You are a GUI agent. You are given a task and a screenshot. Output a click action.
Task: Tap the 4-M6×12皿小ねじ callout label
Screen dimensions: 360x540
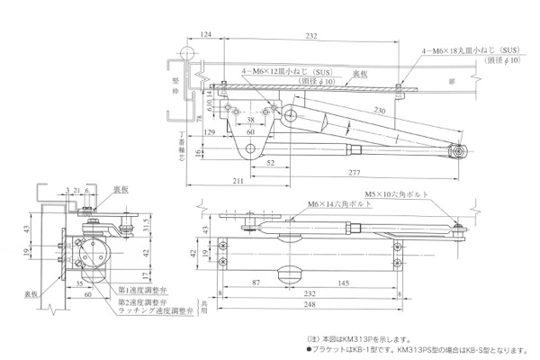tap(282, 69)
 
